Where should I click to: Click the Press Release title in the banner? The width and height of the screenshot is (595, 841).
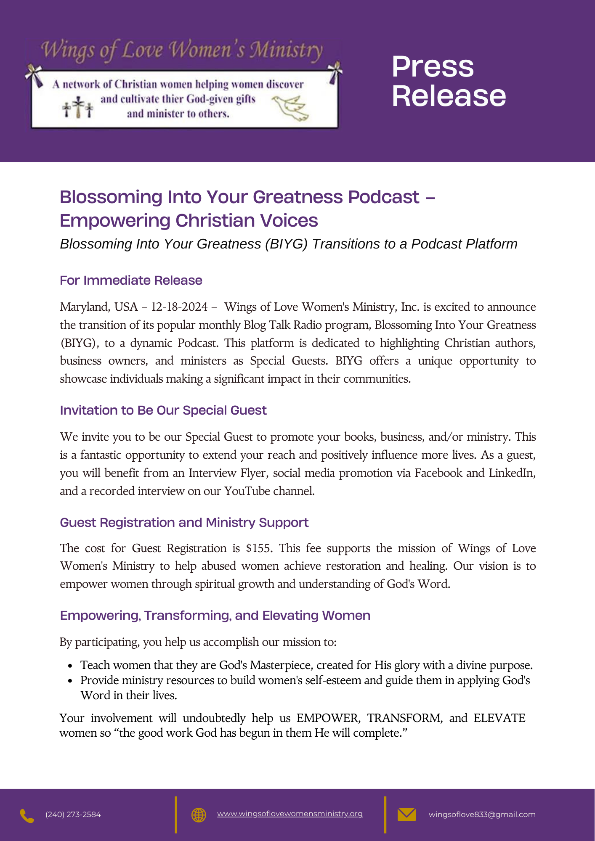[449, 81]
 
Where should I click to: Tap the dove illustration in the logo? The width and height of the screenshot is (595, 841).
[291, 108]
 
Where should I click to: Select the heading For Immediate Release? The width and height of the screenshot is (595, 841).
[131, 280]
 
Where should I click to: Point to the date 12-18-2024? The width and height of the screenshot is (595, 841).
[179, 307]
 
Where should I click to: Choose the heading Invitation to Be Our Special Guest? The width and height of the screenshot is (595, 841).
[163, 410]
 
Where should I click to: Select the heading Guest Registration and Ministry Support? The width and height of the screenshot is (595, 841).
[184, 523]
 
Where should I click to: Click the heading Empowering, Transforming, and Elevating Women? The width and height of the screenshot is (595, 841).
[215, 616]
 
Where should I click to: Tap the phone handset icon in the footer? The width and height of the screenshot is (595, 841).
[27, 816]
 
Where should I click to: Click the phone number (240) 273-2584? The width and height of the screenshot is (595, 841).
[73, 815]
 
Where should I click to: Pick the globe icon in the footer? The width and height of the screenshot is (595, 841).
[199, 815]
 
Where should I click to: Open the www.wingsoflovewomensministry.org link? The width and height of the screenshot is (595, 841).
[290, 814]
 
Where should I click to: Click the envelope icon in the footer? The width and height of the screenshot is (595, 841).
[406, 815]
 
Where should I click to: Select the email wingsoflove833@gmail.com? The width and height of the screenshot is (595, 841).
[482, 815]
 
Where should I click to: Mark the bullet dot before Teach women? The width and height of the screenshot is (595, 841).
[71, 666]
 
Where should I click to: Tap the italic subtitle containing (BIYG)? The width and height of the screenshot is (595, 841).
[288, 244]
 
